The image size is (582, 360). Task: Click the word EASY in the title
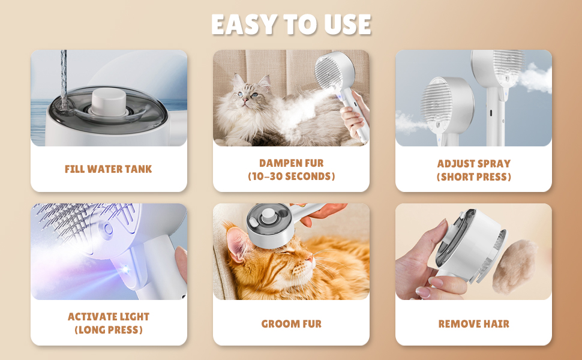244,25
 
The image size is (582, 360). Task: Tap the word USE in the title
347,25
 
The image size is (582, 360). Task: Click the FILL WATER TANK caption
109,169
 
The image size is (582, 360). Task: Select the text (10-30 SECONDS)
292,176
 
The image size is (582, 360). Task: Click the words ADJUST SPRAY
473,164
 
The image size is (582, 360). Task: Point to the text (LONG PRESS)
109,330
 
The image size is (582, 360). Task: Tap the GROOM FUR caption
292,323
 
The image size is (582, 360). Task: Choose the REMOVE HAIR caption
473,323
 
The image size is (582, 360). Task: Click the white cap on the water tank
109,101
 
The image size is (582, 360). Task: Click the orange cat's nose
310,257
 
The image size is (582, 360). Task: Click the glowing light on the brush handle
125,269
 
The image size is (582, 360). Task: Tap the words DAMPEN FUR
292,163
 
